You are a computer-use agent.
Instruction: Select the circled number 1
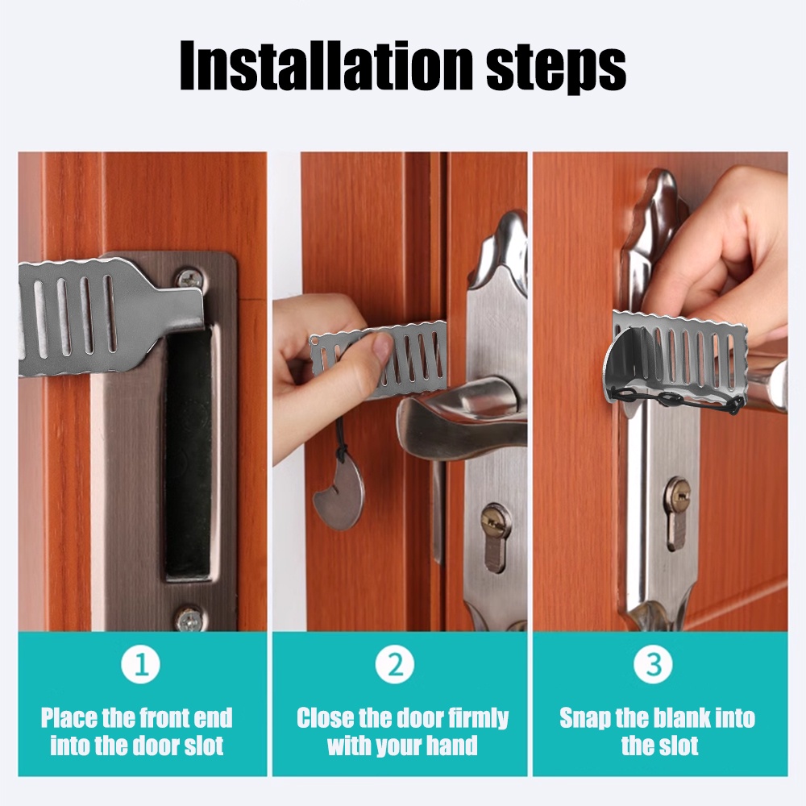pos(142,665)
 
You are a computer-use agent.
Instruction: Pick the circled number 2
pos(395,665)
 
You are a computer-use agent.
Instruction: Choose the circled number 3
pos(653,665)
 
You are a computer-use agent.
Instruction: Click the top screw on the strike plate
pos(189,279)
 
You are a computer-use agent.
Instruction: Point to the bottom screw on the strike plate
pos(189,619)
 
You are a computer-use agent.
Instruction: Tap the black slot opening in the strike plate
pos(189,451)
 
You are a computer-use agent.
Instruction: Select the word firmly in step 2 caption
pos(476,718)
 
